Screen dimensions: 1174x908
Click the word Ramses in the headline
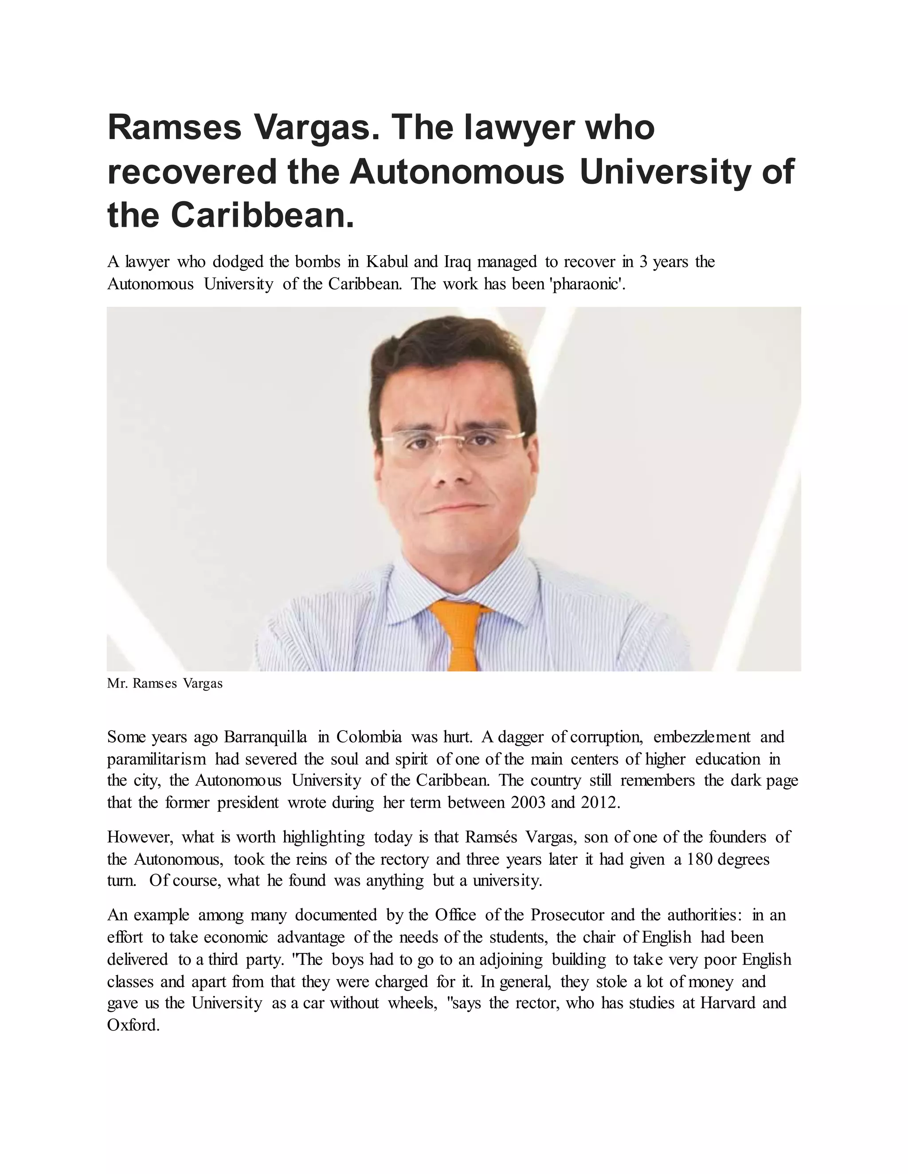174,128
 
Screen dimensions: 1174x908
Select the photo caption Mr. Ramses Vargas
164,684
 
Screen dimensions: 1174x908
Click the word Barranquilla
265,737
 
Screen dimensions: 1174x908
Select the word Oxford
133,1026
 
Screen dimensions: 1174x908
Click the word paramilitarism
156,759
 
